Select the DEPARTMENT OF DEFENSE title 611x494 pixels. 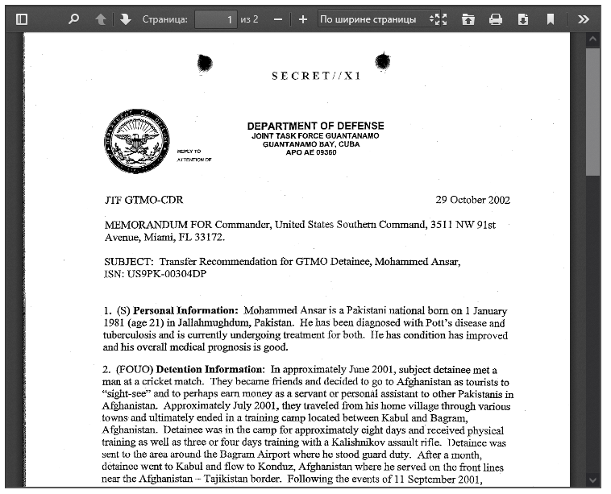(315, 126)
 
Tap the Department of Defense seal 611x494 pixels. (137, 142)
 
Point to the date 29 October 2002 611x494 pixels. (472, 200)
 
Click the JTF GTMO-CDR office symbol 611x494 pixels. (137, 200)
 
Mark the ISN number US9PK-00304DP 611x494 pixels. (168, 274)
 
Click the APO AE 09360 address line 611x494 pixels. (311, 152)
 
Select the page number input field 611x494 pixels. (215, 19)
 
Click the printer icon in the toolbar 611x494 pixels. (496, 19)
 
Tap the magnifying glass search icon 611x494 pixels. (74, 19)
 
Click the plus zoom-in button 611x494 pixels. (303, 19)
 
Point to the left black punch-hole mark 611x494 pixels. (205, 62)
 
